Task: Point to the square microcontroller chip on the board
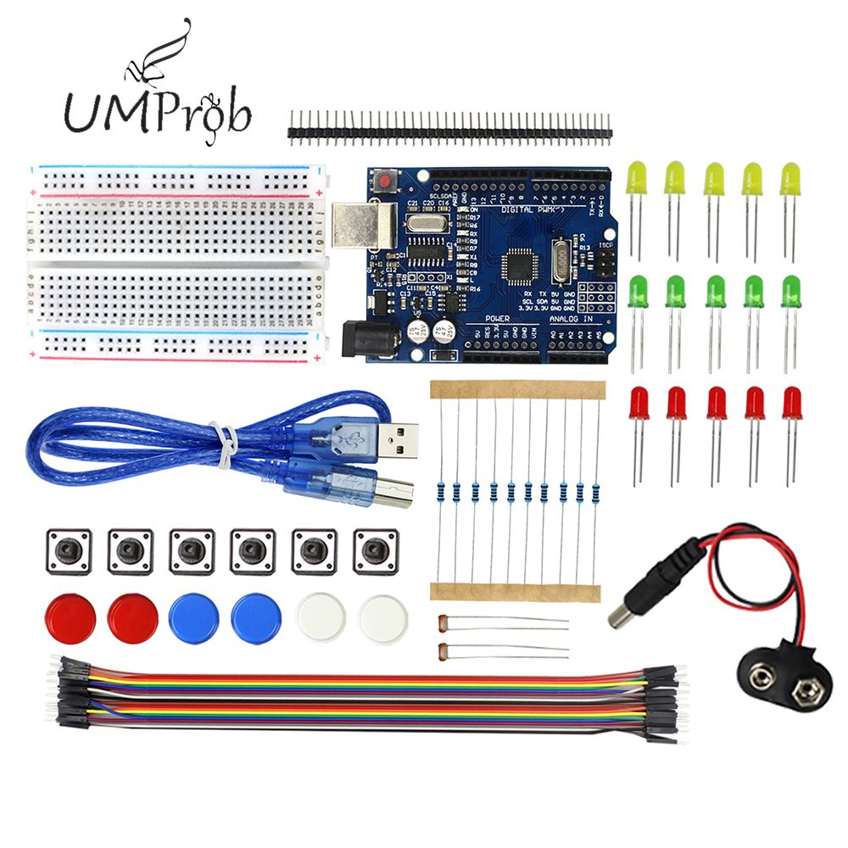click(x=520, y=265)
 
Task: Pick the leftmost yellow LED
click(x=636, y=180)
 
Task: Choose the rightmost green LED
click(x=790, y=292)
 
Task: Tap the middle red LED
click(x=716, y=402)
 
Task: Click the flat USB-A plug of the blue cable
click(x=395, y=439)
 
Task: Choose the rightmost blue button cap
click(x=255, y=617)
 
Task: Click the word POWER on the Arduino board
click(x=498, y=317)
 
